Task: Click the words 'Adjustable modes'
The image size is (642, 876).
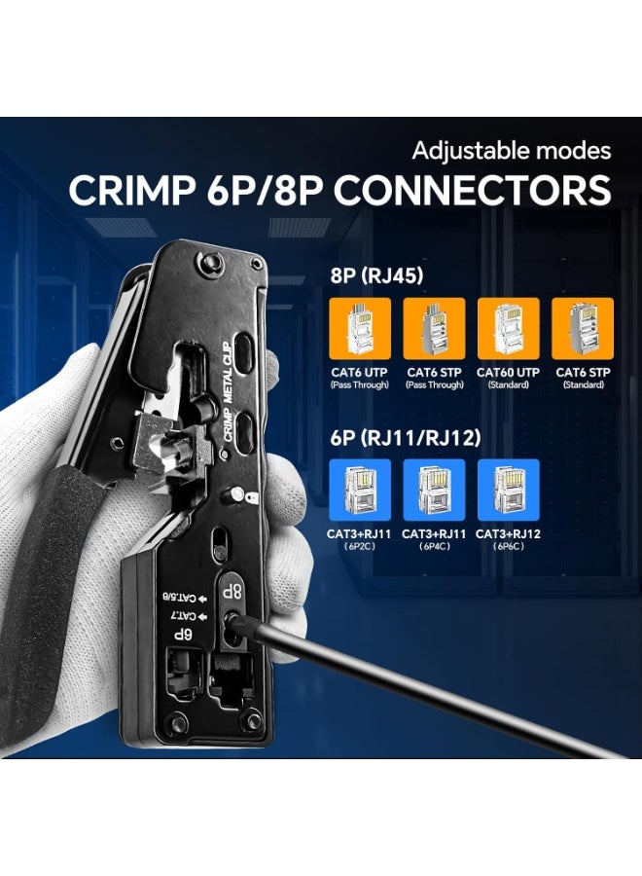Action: (x=512, y=151)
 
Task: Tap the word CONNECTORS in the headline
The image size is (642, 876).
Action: (x=473, y=191)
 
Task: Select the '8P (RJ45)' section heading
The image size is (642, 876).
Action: (x=376, y=275)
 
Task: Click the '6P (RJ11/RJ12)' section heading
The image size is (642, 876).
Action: (x=405, y=438)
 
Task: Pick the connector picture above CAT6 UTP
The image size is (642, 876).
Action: (x=360, y=329)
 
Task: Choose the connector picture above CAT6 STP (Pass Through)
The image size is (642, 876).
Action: (x=435, y=329)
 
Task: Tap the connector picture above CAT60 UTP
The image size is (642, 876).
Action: (x=509, y=329)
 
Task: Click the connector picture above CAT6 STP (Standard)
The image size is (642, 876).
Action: (x=583, y=329)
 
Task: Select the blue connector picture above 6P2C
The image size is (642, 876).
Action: (x=360, y=490)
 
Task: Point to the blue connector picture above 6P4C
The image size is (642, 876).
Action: (x=435, y=490)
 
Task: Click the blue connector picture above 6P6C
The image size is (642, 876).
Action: (x=509, y=490)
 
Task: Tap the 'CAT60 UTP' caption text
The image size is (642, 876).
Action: (x=508, y=372)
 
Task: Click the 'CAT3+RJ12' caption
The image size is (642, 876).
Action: (x=508, y=533)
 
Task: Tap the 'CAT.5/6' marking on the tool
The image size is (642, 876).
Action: (x=184, y=599)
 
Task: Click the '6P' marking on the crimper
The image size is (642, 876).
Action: (x=182, y=635)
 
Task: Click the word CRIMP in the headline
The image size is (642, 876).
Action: (x=129, y=191)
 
